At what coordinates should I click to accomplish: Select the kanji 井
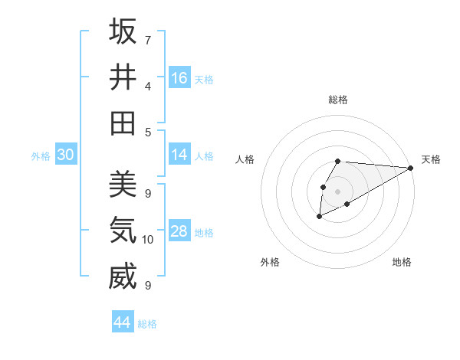(x=123, y=77)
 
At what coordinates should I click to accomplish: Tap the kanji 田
(x=123, y=123)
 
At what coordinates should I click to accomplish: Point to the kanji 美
(x=123, y=185)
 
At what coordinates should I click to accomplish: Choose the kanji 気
(x=123, y=231)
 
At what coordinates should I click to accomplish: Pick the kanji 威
(x=123, y=277)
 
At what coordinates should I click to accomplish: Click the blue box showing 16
(x=179, y=78)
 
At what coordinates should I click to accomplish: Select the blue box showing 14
(x=179, y=155)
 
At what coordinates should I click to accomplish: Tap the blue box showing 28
(x=179, y=231)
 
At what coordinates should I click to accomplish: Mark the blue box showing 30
(x=65, y=155)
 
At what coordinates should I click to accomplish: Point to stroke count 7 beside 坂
(x=147, y=40)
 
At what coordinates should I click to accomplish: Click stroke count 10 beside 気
(x=148, y=240)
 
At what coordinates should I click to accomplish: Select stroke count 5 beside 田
(x=147, y=132)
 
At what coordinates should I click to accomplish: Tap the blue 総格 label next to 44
(x=147, y=324)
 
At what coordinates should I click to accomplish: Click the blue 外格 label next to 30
(x=41, y=155)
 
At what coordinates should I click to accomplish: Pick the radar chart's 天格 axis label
(x=431, y=159)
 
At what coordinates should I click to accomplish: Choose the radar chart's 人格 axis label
(x=245, y=159)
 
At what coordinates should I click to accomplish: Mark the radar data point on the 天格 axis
(x=411, y=168)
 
